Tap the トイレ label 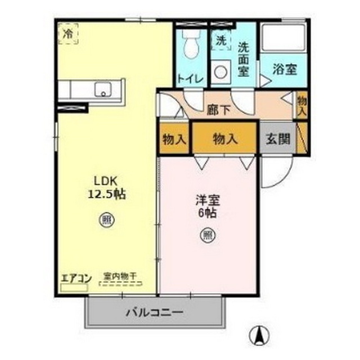(191, 78)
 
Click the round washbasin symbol (222, 71)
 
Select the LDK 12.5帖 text (105, 188)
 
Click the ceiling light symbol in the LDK (105, 218)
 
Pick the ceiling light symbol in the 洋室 (207, 235)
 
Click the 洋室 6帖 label (207, 206)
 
